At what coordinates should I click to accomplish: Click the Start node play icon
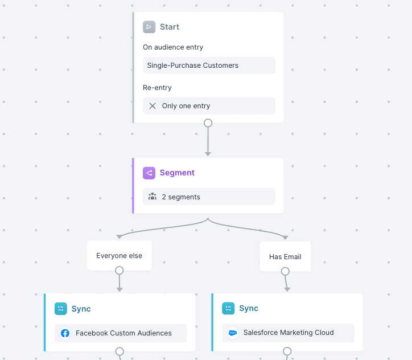(x=149, y=27)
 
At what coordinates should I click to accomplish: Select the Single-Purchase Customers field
(x=209, y=66)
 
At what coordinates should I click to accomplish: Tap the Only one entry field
(x=209, y=106)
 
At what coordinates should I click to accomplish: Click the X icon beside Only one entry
(x=153, y=106)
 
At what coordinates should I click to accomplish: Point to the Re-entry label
(x=157, y=88)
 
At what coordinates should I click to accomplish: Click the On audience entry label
(x=173, y=47)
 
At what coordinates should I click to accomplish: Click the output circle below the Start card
(x=208, y=123)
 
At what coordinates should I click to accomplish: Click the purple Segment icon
(x=149, y=173)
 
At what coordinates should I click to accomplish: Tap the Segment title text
(x=177, y=173)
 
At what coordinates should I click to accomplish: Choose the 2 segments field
(x=209, y=197)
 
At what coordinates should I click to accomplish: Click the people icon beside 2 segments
(x=153, y=197)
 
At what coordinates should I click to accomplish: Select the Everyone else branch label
(x=120, y=256)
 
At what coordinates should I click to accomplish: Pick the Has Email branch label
(x=285, y=257)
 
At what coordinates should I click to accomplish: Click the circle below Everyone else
(x=120, y=271)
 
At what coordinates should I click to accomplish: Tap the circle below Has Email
(x=285, y=272)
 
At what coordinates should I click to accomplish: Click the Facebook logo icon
(x=65, y=333)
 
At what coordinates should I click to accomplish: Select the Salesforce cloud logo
(x=232, y=333)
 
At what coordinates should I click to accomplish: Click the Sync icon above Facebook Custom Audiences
(x=61, y=309)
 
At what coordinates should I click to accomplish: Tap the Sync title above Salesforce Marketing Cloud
(x=249, y=308)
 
